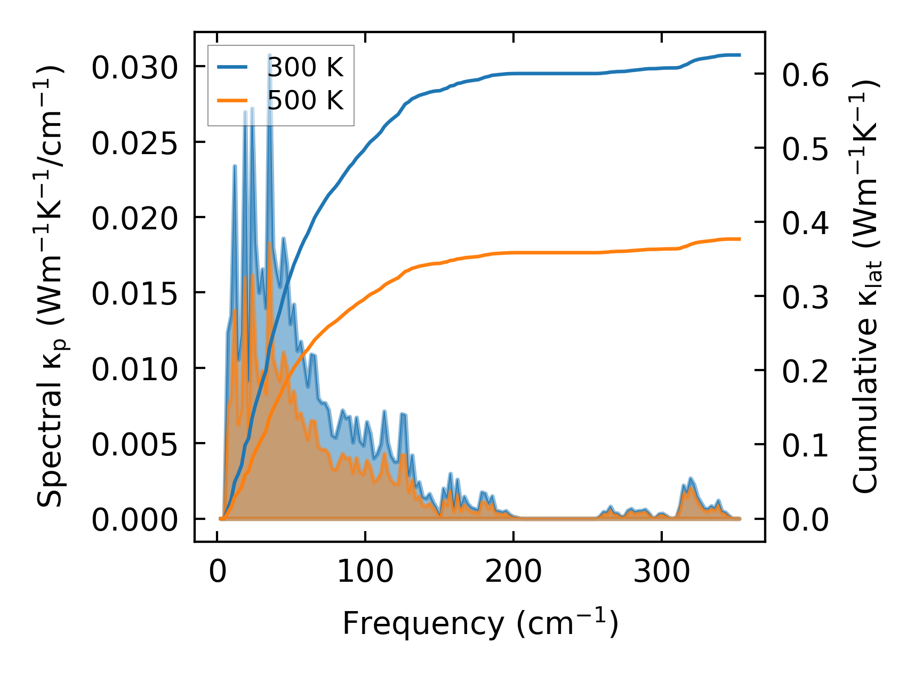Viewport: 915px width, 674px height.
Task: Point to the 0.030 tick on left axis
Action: (x=134, y=68)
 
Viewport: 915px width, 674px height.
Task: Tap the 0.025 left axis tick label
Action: (x=134, y=143)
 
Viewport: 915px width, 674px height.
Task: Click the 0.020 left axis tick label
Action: (x=134, y=219)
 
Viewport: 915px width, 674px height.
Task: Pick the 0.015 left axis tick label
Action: (x=134, y=294)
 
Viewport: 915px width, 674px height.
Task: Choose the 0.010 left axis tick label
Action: (x=134, y=370)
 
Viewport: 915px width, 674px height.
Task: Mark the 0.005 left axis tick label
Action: (x=134, y=445)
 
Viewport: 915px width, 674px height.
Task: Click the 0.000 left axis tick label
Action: (x=134, y=520)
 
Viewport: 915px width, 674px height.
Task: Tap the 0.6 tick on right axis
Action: (x=805, y=75)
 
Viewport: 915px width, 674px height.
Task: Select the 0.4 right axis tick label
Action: (x=805, y=223)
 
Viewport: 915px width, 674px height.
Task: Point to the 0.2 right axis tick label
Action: (x=805, y=371)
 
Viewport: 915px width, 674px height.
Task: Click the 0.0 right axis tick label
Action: (x=805, y=520)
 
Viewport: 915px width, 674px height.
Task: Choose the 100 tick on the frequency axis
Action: (x=365, y=572)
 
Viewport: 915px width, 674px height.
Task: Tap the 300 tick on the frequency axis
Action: (x=662, y=572)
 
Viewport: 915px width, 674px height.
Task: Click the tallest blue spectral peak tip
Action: (x=270, y=55)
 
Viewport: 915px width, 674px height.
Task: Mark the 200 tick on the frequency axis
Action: (x=513, y=572)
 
